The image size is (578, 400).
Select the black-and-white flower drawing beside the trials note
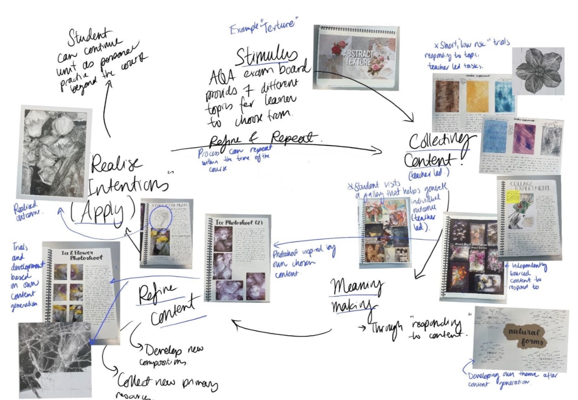coord(538,71)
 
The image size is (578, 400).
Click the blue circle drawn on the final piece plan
coord(160,216)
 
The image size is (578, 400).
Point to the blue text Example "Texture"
coord(264,26)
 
